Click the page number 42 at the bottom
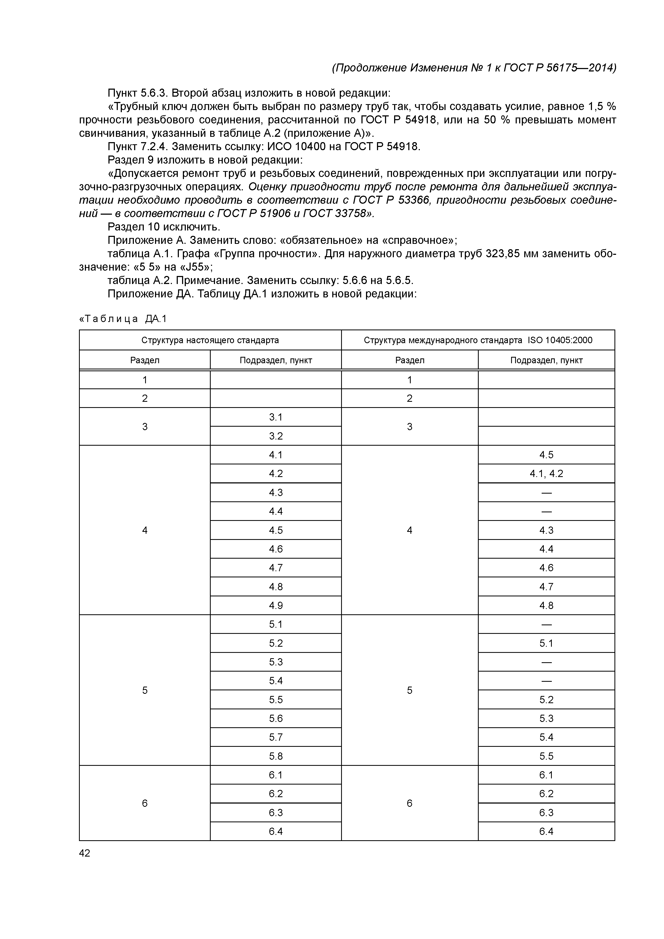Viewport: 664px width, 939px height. pyautogui.click(x=85, y=853)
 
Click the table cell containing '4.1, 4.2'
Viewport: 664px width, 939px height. pyautogui.click(x=546, y=474)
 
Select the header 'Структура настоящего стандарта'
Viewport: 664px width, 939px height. pyautogui.click(x=210, y=340)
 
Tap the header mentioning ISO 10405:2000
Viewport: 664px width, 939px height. pyautogui.click(x=478, y=340)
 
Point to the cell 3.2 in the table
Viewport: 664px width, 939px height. pyautogui.click(x=276, y=436)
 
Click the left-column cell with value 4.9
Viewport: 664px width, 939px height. pyautogui.click(x=276, y=605)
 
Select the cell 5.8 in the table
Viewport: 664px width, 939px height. pyautogui.click(x=276, y=756)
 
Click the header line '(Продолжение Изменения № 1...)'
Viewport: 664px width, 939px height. pyautogui.click(x=474, y=67)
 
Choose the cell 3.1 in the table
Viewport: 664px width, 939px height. pyautogui.click(x=276, y=417)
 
